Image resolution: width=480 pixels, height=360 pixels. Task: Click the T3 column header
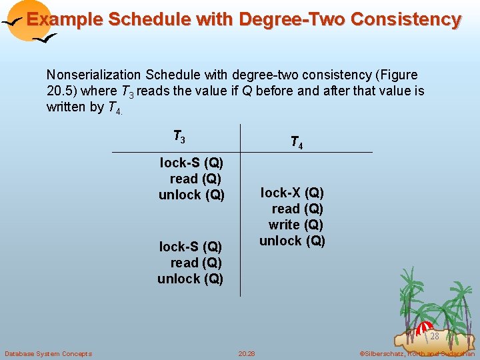(179, 137)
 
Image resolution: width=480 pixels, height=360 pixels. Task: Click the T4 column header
(297, 141)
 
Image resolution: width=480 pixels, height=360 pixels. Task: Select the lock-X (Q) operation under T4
(292, 193)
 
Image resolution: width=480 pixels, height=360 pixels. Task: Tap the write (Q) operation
(295, 225)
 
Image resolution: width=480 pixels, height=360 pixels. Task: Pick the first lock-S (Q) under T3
(191, 162)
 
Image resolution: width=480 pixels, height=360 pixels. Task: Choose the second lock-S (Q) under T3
(190, 247)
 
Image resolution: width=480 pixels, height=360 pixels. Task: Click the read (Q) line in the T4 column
(297, 209)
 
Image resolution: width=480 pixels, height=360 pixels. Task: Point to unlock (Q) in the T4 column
(292, 241)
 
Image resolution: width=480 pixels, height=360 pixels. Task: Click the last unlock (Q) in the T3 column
(190, 279)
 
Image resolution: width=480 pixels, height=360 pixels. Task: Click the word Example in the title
(65, 19)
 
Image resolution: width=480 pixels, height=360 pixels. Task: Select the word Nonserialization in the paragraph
(94, 75)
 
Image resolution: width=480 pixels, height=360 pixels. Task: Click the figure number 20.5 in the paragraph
(62, 91)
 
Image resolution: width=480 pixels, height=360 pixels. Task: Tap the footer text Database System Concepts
(48, 353)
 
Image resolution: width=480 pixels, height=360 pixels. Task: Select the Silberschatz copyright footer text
(417, 353)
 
